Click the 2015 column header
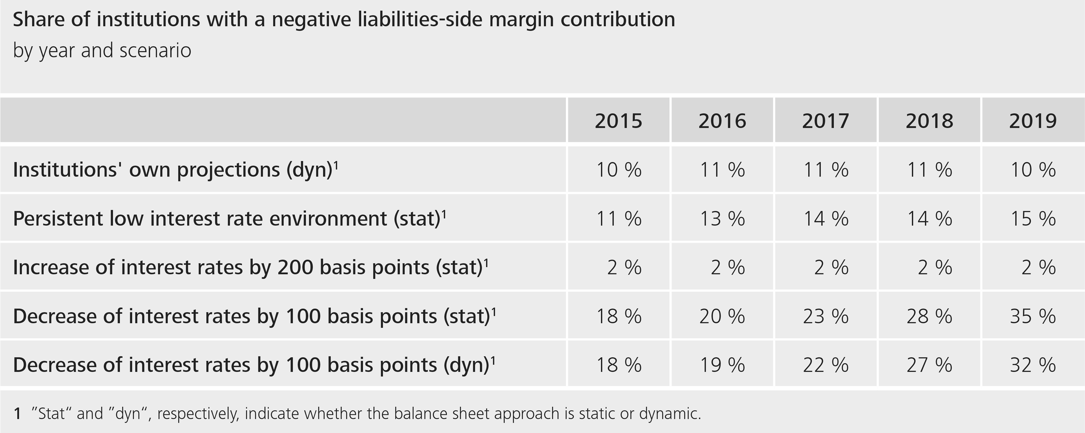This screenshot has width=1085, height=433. pyautogui.click(x=618, y=121)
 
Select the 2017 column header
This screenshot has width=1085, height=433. pyautogui.click(x=826, y=121)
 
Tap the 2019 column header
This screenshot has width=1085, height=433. pyautogui.click(x=1033, y=121)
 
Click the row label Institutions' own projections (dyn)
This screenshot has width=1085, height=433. pyautogui.click(x=175, y=170)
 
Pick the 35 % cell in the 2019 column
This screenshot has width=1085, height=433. pyautogui.click(x=1033, y=316)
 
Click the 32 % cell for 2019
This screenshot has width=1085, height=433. pyautogui.click(x=1033, y=365)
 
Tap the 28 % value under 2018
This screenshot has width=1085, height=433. pyautogui.click(x=929, y=316)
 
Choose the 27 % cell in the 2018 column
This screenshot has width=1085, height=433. pyautogui.click(x=929, y=365)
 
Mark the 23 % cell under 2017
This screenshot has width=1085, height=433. pyautogui.click(x=826, y=316)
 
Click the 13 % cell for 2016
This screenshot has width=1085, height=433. pyautogui.click(x=722, y=219)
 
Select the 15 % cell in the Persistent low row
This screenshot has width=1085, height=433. pyautogui.click(x=1033, y=219)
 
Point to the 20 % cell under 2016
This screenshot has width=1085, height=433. pyautogui.click(x=722, y=316)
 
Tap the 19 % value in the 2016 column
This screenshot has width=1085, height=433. pyautogui.click(x=722, y=365)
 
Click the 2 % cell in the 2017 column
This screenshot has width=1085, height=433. pyautogui.click(x=831, y=267)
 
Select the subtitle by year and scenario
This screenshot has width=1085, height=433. pyautogui.click(x=102, y=51)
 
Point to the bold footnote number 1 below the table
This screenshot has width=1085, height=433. pyautogui.click(x=17, y=413)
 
